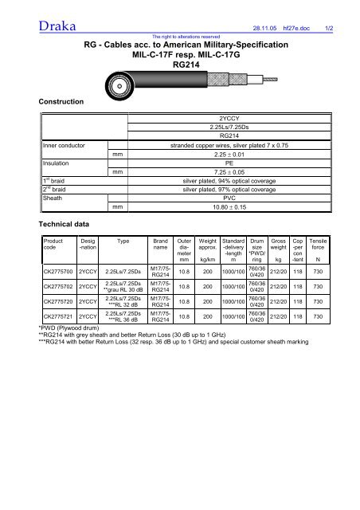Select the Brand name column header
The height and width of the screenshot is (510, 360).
[x=162, y=245]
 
